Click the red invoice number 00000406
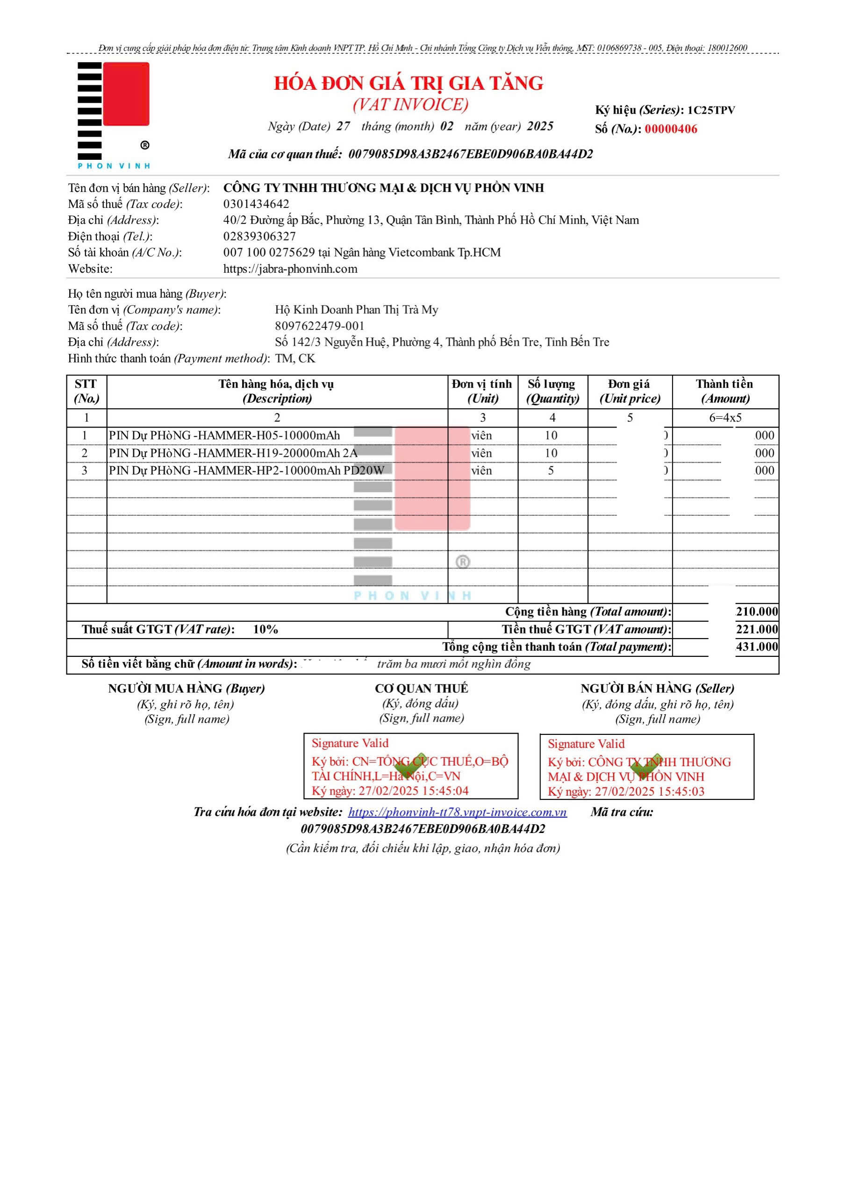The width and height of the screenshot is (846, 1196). [x=670, y=129]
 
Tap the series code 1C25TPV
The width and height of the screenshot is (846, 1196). [x=711, y=110]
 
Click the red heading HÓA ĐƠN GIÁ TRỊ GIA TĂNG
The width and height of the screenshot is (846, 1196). [x=409, y=83]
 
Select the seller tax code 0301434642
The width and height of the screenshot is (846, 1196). [x=256, y=204]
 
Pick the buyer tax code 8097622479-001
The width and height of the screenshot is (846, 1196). [x=320, y=326]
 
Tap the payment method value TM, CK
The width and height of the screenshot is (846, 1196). [x=295, y=358]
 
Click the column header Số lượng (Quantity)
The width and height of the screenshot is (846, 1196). [x=552, y=391]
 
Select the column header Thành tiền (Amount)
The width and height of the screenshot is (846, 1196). [x=724, y=391]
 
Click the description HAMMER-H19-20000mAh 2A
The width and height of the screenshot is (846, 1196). [x=233, y=453]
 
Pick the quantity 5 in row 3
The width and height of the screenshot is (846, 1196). [x=551, y=470]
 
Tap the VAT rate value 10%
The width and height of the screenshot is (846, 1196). [x=265, y=629]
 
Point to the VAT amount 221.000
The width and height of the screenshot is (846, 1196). [x=757, y=629]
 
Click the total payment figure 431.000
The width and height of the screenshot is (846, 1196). [x=757, y=647]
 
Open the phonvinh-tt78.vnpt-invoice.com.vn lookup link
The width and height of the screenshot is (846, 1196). [x=457, y=812]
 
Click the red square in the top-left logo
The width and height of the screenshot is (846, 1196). [x=126, y=94]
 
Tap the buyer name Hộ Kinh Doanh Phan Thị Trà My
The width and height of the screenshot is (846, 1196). [x=356, y=310]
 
